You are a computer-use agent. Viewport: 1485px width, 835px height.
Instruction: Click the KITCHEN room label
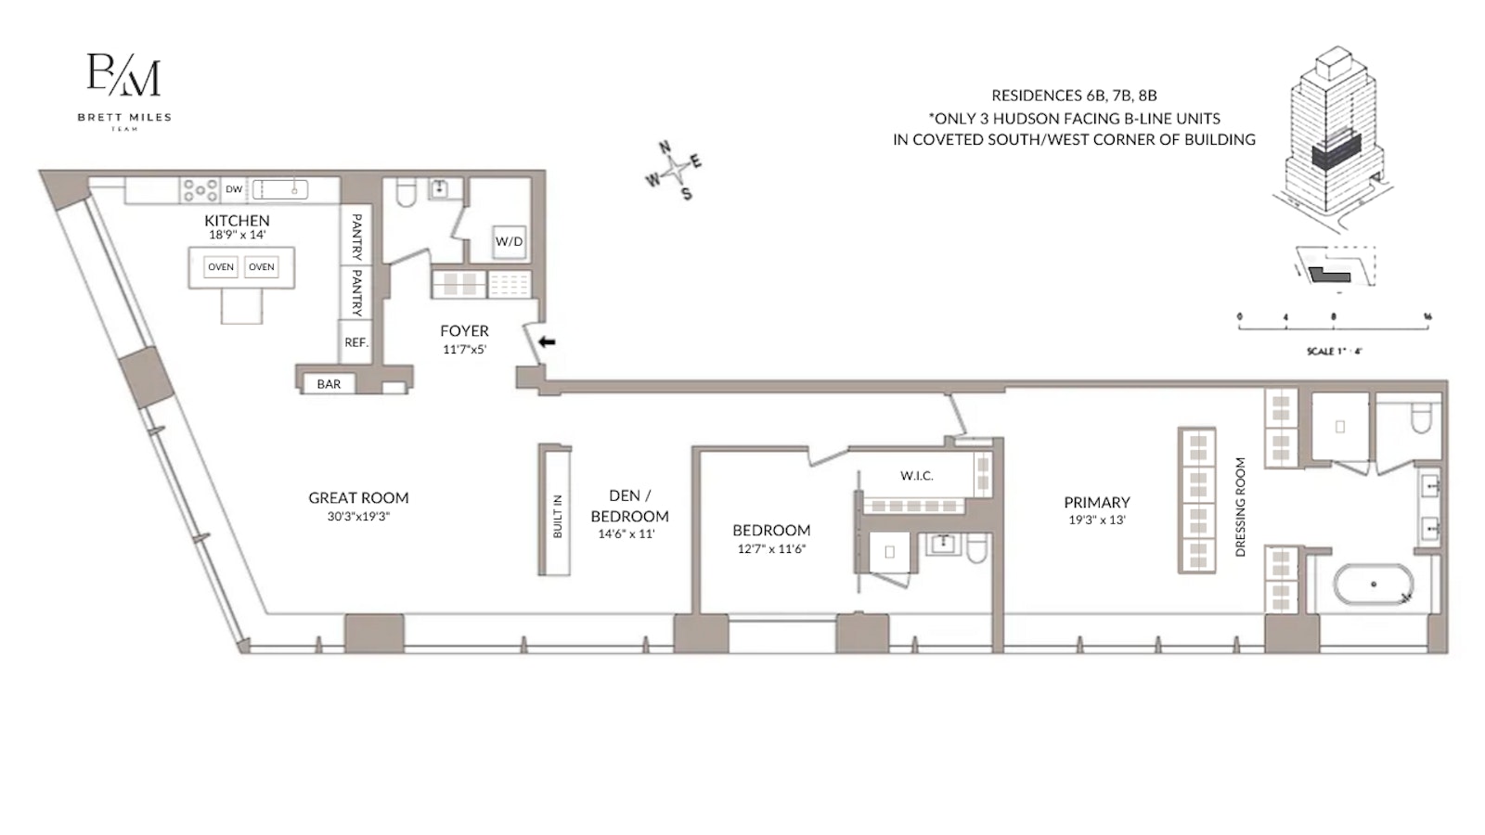[237, 220]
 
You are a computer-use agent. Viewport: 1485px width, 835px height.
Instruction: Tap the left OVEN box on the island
[221, 267]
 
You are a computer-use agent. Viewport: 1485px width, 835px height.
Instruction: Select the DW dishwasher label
[234, 189]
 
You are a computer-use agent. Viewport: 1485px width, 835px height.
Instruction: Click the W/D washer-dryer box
[509, 241]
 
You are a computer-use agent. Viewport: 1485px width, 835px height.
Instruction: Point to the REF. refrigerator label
[356, 342]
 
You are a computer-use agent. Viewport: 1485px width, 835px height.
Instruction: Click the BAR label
[329, 384]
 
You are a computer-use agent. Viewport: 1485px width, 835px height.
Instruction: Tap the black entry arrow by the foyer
[548, 341]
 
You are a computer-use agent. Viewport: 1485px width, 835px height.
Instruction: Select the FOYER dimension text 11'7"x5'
[464, 350]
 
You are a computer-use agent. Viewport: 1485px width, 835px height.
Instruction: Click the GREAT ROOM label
[358, 498]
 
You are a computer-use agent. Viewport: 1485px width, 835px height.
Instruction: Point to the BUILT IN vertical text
[558, 517]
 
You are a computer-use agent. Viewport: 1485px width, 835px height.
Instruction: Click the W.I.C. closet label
[916, 476]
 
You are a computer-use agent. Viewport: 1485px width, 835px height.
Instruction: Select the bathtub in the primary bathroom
[1373, 584]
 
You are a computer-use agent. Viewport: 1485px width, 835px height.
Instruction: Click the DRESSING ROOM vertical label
[1240, 507]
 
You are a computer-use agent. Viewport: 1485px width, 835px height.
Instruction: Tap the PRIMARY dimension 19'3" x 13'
[1096, 520]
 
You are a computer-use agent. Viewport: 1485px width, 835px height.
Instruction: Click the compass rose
[675, 170]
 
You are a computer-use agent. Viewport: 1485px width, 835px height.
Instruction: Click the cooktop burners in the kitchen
[200, 189]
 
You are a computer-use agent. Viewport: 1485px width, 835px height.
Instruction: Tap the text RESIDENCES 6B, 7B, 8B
[1074, 96]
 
